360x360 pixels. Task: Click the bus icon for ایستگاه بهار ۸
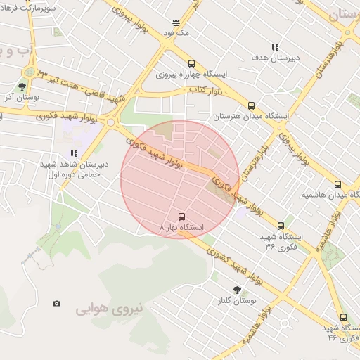pyautogui.click(x=182, y=217)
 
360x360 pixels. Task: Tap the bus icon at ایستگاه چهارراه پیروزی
pyautogui.click(x=192, y=63)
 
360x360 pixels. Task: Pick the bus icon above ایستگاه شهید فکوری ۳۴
pyautogui.click(x=281, y=226)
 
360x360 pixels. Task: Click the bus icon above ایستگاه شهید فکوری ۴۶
pyautogui.click(x=343, y=317)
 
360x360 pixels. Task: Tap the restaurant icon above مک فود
pyautogui.click(x=175, y=22)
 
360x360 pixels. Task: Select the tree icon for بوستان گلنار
pyautogui.click(x=237, y=290)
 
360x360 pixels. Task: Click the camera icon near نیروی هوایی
pyautogui.click(x=56, y=304)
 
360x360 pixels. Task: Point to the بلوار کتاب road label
pyautogui.click(x=205, y=90)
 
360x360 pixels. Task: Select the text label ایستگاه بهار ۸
pyautogui.click(x=182, y=229)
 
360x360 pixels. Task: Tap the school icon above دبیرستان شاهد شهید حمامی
pyautogui.click(x=73, y=153)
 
